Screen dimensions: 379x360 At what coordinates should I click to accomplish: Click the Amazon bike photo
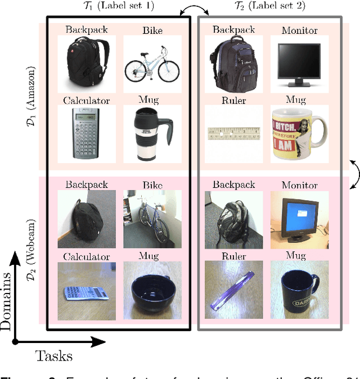click(x=151, y=64)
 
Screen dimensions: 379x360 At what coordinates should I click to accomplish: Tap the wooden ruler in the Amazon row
click(x=232, y=133)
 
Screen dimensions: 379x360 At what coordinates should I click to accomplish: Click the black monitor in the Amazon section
click(x=298, y=64)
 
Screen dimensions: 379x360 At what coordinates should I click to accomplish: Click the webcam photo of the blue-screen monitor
click(x=298, y=215)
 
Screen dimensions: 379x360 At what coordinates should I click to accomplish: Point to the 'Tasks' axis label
click(x=54, y=355)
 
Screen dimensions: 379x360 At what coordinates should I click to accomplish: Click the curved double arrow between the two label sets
click(x=193, y=8)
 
